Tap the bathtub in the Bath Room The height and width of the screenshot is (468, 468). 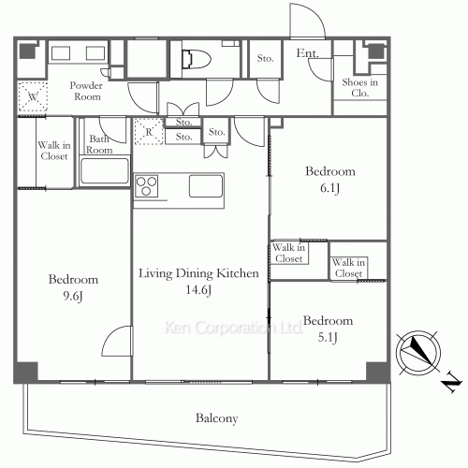104,171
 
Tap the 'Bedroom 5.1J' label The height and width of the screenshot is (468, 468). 329,325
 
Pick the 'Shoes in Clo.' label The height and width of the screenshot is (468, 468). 359,88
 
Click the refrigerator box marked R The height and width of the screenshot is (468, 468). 147,132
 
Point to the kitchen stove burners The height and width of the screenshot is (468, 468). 148,186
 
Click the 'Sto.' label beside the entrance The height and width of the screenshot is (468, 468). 265,59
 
